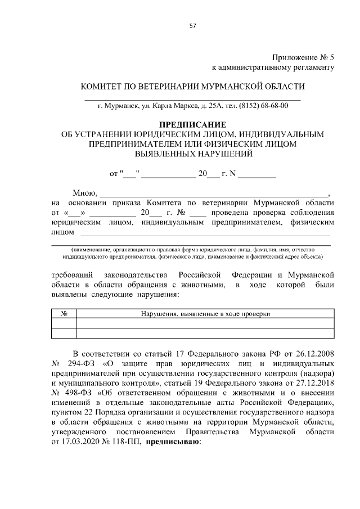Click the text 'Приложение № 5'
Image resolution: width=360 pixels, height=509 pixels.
[303, 57]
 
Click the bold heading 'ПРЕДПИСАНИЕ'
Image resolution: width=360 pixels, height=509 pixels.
[192, 125]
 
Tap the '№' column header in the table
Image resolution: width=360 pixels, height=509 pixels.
[64, 313]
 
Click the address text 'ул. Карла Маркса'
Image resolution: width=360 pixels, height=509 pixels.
[155, 105]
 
